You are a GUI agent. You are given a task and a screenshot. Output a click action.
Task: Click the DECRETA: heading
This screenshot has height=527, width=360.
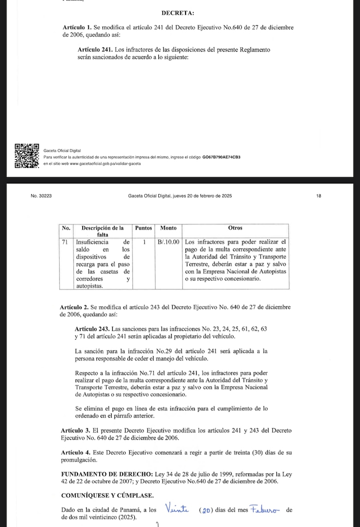[x=178, y=13]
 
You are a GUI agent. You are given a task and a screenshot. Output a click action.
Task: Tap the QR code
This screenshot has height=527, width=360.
[x=27, y=156]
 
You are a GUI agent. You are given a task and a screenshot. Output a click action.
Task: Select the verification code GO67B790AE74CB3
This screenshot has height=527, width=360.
[x=221, y=157]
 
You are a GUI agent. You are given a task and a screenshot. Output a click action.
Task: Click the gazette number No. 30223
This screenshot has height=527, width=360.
[x=41, y=196]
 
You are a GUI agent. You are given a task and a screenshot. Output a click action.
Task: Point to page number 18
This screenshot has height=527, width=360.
[x=318, y=196]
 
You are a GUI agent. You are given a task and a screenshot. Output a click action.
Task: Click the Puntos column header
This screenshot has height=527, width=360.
[x=144, y=228]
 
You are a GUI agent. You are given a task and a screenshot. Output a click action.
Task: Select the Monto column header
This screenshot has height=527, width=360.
[x=168, y=228]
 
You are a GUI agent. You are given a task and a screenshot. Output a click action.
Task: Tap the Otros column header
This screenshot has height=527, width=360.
[x=235, y=228]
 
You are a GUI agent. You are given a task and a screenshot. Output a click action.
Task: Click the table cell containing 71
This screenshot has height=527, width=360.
[x=66, y=241]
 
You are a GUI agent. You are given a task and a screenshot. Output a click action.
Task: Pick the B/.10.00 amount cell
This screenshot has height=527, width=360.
[x=168, y=241]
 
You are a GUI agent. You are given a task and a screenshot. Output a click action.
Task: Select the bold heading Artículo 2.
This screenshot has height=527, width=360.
[x=75, y=307]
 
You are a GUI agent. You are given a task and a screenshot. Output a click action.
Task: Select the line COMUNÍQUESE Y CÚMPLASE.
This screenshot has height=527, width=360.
[x=108, y=496]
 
